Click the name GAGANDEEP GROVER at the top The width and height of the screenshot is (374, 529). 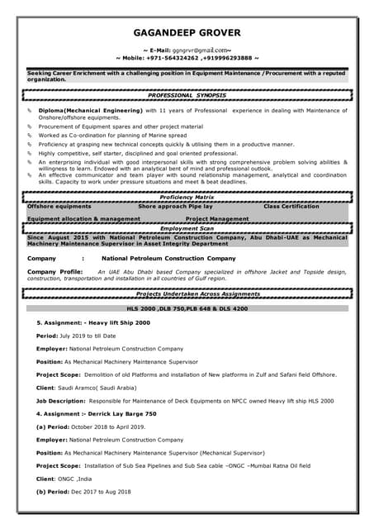pos(187,33)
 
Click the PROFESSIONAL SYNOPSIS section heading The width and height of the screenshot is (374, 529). pos(187,96)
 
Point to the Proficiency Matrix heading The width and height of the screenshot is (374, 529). pos(187,198)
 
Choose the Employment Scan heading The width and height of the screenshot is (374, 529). pos(187,227)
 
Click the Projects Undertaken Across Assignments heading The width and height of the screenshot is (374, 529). pos(187,293)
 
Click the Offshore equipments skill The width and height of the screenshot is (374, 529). pos(59,206)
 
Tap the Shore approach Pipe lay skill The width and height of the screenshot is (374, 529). pos(175,206)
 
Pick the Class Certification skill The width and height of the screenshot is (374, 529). pos(291,206)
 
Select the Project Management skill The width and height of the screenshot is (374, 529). pos(217,219)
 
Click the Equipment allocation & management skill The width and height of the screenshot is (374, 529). pos(83,219)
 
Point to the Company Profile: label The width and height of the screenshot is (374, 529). pos(55,271)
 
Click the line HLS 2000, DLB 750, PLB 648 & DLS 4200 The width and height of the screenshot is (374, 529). pos(187,308)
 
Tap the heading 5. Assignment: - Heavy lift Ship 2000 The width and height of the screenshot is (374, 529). pos(93,322)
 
